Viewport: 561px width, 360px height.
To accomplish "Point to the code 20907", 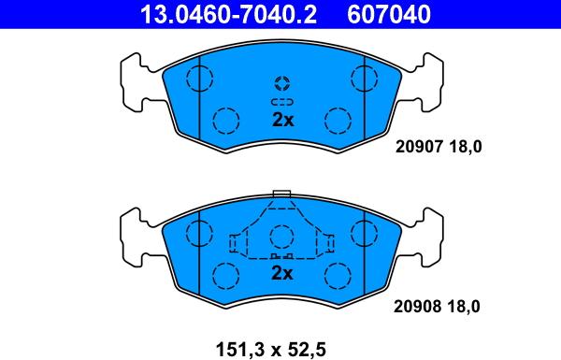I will (420, 146).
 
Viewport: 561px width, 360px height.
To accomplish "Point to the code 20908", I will (420, 306).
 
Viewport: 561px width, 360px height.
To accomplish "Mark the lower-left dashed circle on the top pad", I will (225, 120).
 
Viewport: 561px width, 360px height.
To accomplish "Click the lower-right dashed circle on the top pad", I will (337, 120).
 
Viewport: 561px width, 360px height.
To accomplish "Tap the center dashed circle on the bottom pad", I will (281, 237).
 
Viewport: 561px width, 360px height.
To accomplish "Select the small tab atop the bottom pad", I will (281, 195).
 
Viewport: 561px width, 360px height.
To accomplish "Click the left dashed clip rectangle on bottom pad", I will (235, 244).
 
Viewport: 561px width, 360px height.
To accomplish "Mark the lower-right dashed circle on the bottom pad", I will (337, 274).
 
